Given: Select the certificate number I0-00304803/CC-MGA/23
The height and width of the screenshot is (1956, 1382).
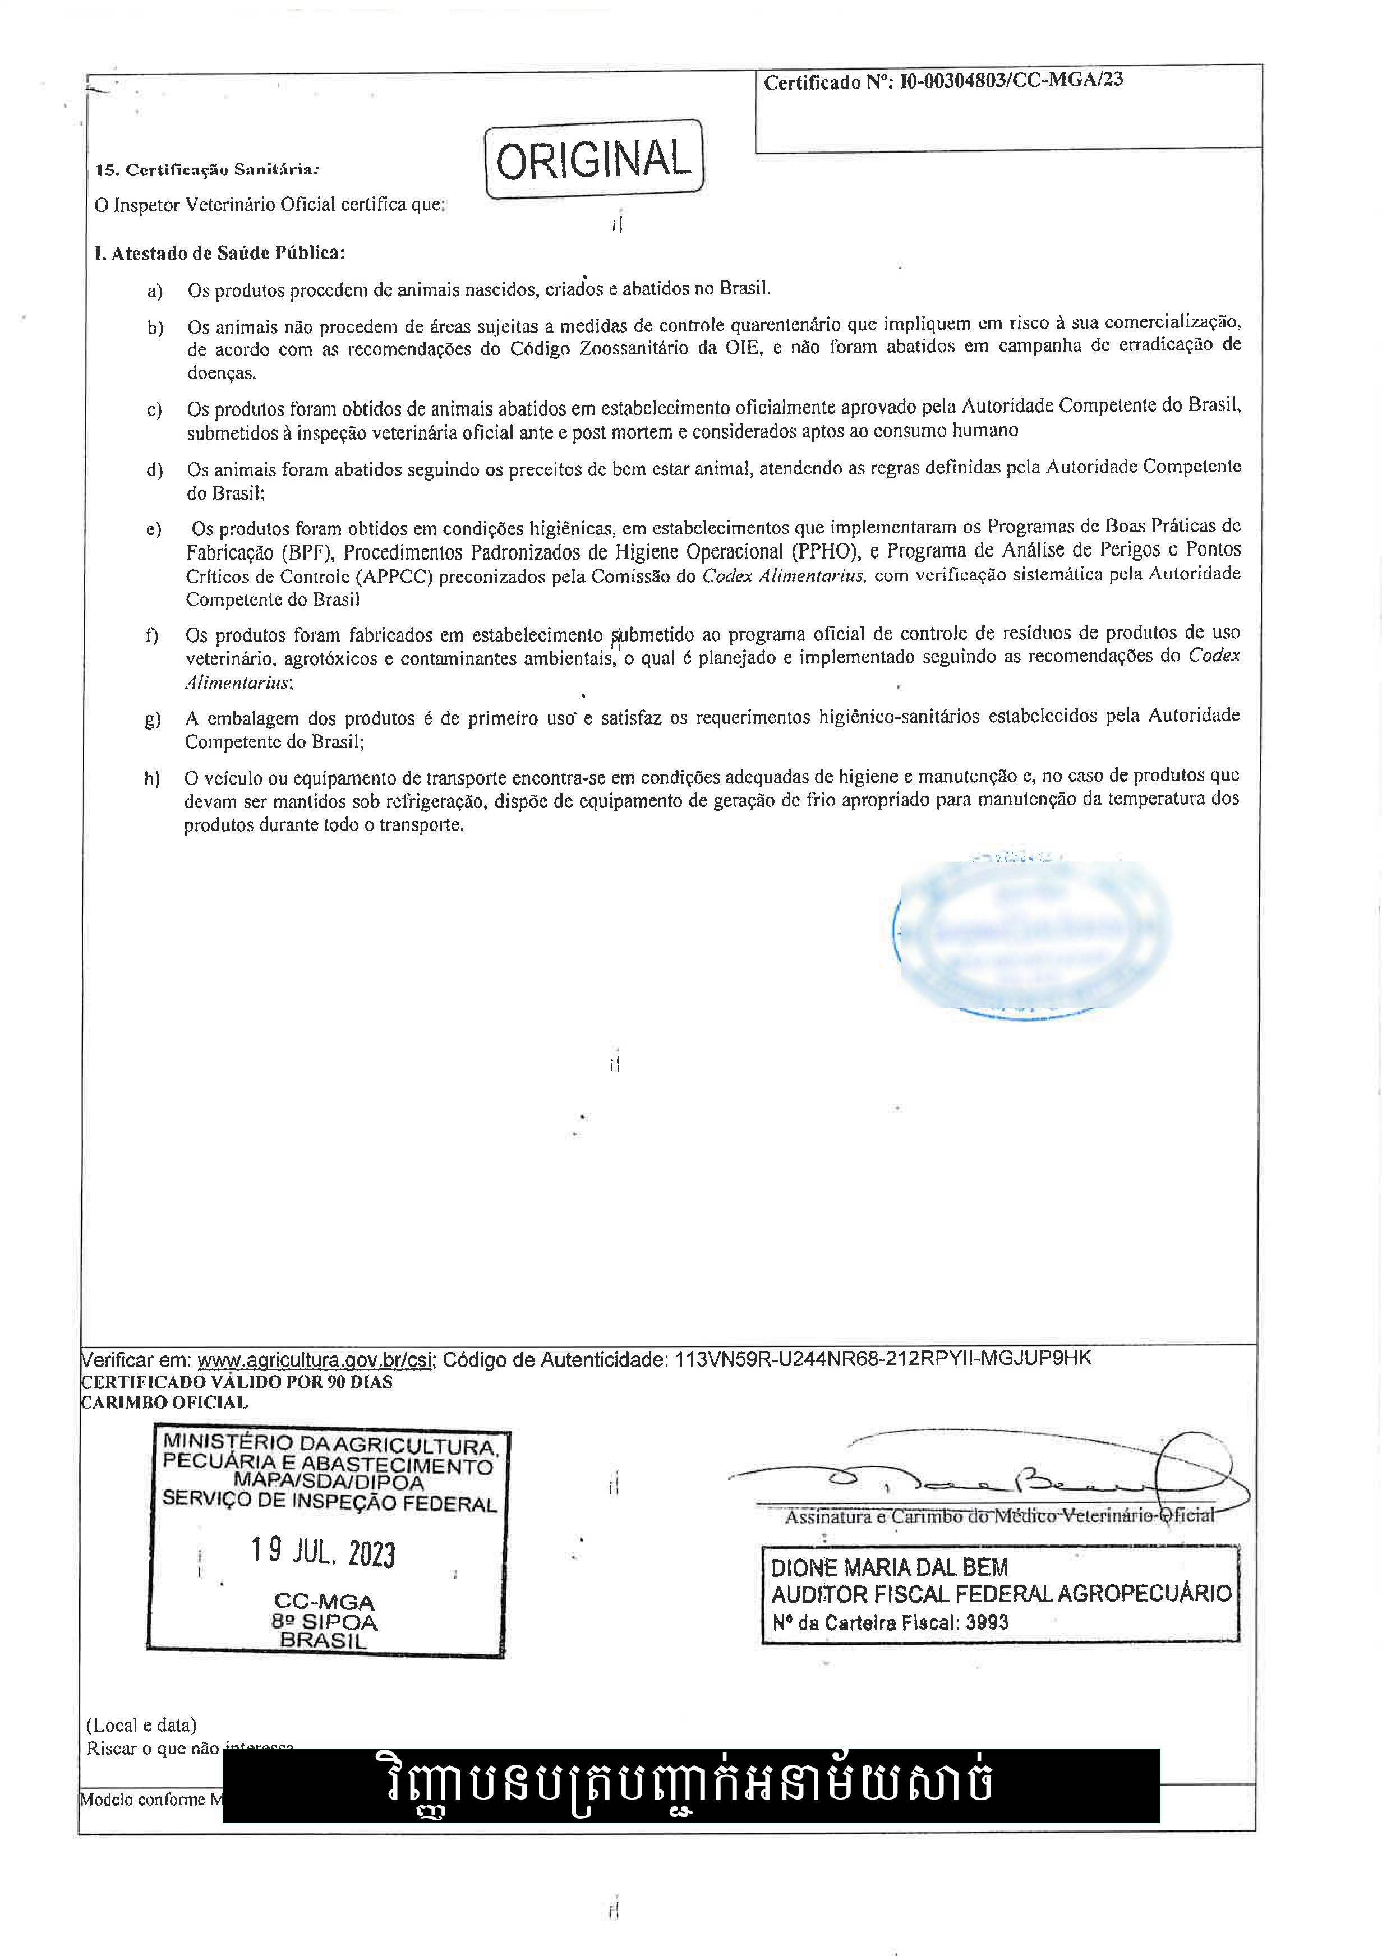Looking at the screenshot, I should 1011,81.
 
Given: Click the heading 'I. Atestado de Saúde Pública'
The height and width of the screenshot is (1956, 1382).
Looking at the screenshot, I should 220,253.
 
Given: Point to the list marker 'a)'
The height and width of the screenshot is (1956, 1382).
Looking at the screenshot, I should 154,292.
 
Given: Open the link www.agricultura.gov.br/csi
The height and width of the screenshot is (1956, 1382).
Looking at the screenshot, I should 315,1360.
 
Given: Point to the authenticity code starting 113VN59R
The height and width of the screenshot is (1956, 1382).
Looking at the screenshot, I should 882,1359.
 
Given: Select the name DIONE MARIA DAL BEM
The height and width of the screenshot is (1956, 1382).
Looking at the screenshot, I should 890,1567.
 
